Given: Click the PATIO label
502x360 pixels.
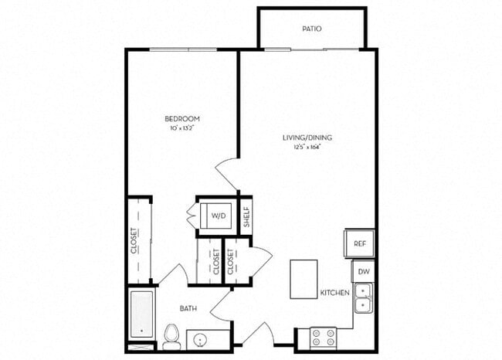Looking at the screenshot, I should point(312,29).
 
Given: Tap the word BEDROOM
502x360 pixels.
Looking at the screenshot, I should point(182,118).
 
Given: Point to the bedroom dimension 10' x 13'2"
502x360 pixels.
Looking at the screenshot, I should point(182,127).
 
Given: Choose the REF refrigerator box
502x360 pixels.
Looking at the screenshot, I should point(360,243).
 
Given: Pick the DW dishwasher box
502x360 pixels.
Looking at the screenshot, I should point(363,272).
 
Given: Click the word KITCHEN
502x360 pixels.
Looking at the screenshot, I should point(335,294).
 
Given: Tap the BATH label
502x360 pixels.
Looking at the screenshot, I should point(188,309).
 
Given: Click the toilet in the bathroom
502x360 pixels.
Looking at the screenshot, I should point(171,336).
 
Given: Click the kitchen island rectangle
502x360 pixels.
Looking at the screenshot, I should point(304,278).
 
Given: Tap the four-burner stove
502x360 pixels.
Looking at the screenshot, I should point(322,338).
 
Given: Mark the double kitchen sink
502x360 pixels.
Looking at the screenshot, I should point(363,298).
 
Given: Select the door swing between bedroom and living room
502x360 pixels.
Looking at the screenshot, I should point(227,171).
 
